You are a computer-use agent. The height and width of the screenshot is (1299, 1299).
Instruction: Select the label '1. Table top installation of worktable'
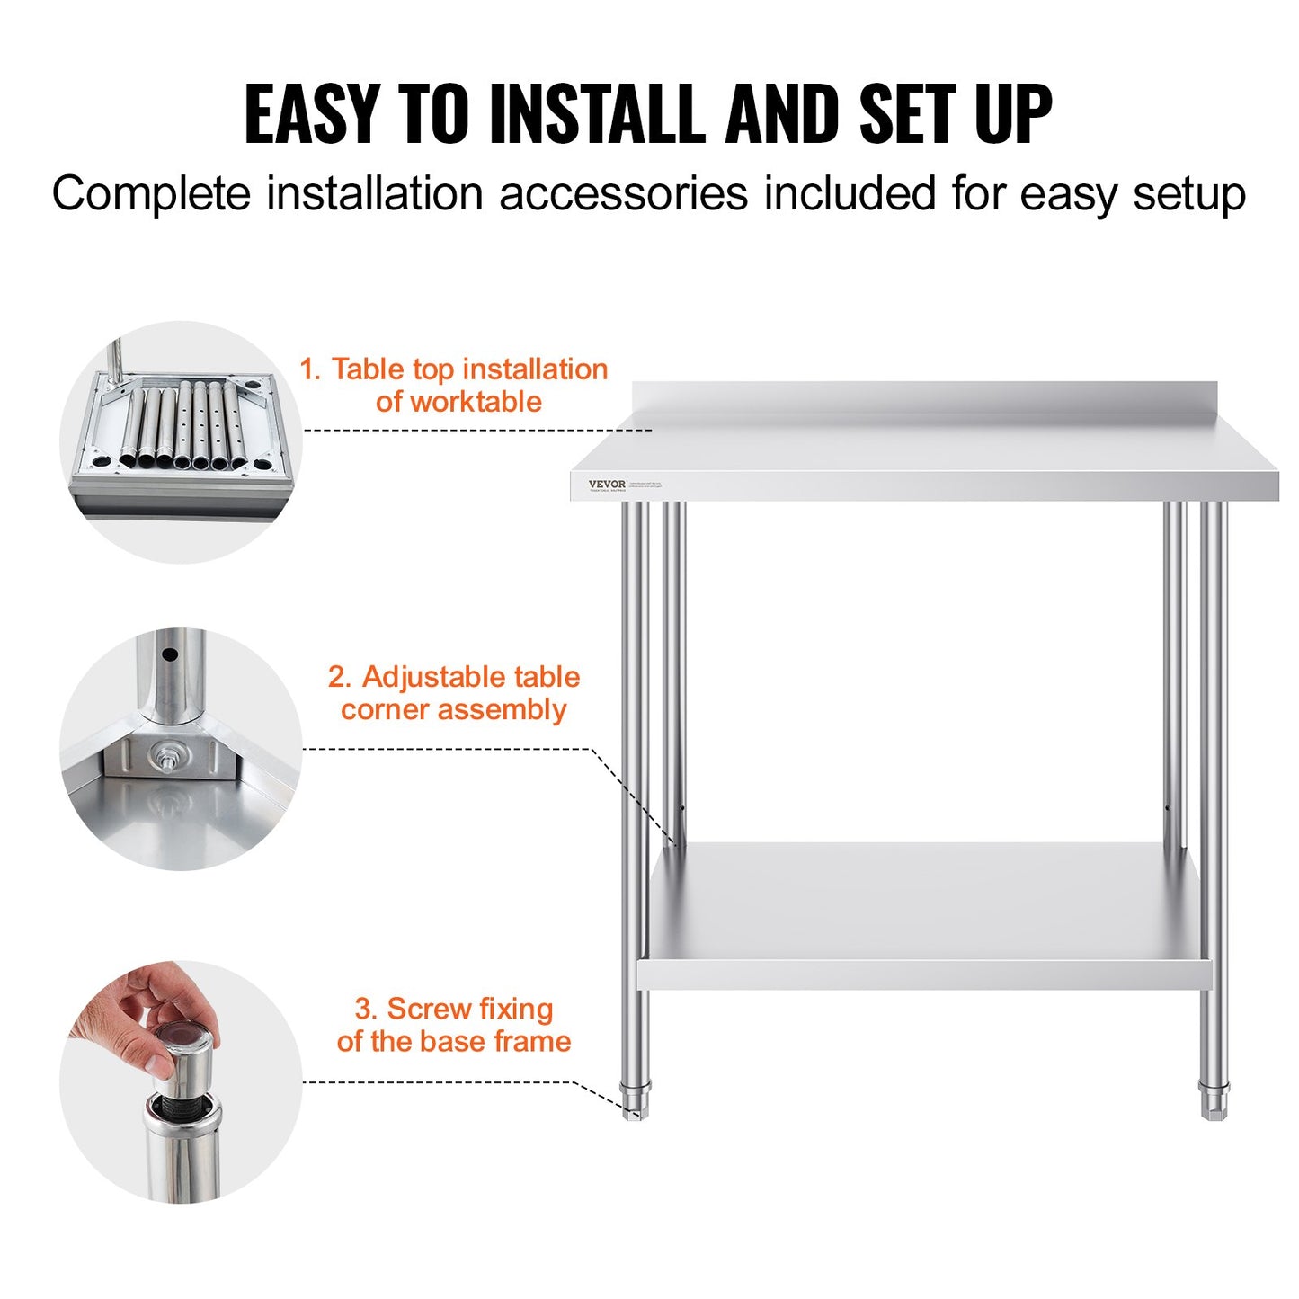(x=454, y=385)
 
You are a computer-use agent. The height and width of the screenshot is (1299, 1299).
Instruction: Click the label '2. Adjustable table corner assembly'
(x=454, y=693)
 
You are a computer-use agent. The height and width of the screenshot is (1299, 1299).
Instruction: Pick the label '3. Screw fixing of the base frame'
(x=454, y=1025)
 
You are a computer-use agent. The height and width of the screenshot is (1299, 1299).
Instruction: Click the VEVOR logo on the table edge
(x=607, y=485)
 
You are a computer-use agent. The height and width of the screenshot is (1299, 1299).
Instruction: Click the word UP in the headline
(x=1013, y=115)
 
